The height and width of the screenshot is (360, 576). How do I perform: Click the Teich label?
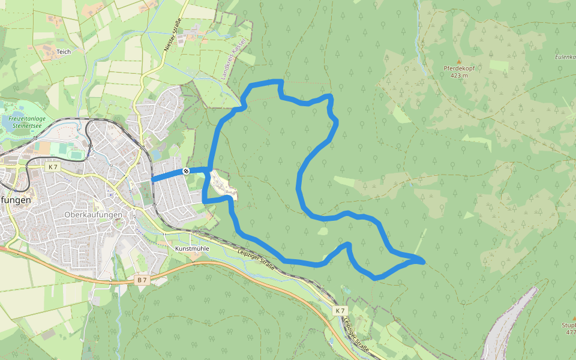(64, 52)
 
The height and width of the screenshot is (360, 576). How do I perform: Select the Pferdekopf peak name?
(459, 68)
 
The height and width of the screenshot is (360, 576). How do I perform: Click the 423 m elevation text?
(458, 76)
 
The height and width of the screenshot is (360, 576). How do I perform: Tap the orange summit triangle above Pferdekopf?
(459, 61)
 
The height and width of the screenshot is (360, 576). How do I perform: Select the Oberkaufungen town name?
(93, 214)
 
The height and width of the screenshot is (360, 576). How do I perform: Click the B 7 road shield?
(142, 280)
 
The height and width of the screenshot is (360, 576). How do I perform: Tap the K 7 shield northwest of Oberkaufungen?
(53, 167)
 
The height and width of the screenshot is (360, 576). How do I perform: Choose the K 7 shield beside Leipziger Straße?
(340, 310)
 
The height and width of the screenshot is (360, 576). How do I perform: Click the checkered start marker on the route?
(186, 172)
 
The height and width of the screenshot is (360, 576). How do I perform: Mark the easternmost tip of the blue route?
(424, 262)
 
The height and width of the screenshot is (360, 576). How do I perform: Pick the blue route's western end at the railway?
(153, 179)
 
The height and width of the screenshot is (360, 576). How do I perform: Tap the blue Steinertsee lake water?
(17, 112)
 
